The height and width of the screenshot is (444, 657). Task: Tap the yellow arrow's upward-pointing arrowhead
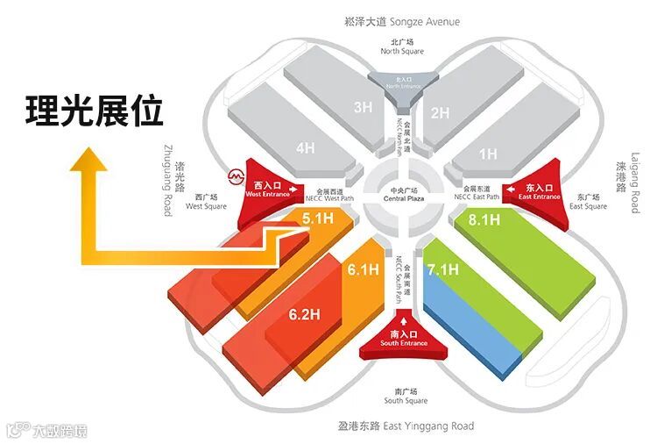tap(86, 163)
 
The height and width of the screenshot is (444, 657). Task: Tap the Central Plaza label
tap(403, 195)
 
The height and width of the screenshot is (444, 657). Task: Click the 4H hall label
tap(304, 148)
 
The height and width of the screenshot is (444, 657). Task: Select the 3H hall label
tap(363, 108)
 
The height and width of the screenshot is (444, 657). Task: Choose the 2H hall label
tap(440, 112)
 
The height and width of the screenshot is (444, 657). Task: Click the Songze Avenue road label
tap(404, 21)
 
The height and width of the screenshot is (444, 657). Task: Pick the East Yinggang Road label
tap(406, 426)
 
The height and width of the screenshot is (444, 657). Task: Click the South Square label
tap(406, 396)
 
